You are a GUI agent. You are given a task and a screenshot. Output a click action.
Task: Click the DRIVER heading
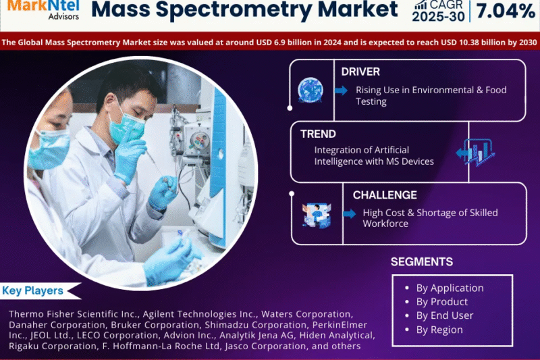pyautogui.click(x=360, y=72)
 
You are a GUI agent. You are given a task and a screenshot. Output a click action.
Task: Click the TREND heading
pyautogui.click(x=318, y=134)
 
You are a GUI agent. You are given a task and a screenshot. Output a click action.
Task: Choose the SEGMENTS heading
pyautogui.click(x=422, y=261)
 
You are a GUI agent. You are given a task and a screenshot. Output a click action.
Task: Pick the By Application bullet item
pyautogui.click(x=450, y=288)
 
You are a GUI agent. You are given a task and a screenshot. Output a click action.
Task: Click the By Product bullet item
pyautogui.click(x=441, y=302)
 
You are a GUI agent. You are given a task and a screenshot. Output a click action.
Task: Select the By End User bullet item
pyautogui.click(x=445, y=315)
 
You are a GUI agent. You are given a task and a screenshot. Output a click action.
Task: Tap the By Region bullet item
pyautogui.click(x=439, y=330)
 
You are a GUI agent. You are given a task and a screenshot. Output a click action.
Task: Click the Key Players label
pyautogui.click(x=33, y=291)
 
